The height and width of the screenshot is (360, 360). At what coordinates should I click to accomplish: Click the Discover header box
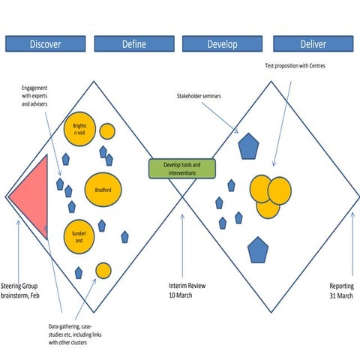pyautogui.click(x=45, y=44)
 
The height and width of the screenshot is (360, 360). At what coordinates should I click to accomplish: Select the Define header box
pyautogui.click(x=134, y=44)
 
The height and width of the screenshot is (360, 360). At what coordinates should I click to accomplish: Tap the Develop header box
pyautogui.click(x=222, y=44)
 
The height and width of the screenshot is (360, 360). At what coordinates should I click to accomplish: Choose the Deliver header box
pyautogui.click(x=310, y=44)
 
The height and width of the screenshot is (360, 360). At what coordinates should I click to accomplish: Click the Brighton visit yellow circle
pyautogui.click(x=79, y=128)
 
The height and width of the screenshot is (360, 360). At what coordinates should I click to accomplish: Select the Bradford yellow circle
pyautogui.click(x=103, y=190)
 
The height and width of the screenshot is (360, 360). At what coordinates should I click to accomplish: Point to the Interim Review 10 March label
pyautogui.click(x=186, y=291)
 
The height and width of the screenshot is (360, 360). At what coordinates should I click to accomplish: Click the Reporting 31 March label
pyautogui.click(x=341, y=291)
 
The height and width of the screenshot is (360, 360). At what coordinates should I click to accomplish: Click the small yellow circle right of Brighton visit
pyautogui.click(x=107, y=131)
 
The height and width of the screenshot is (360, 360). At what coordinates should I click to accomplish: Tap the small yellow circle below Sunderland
pyautogui.click(x=103, y=271)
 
